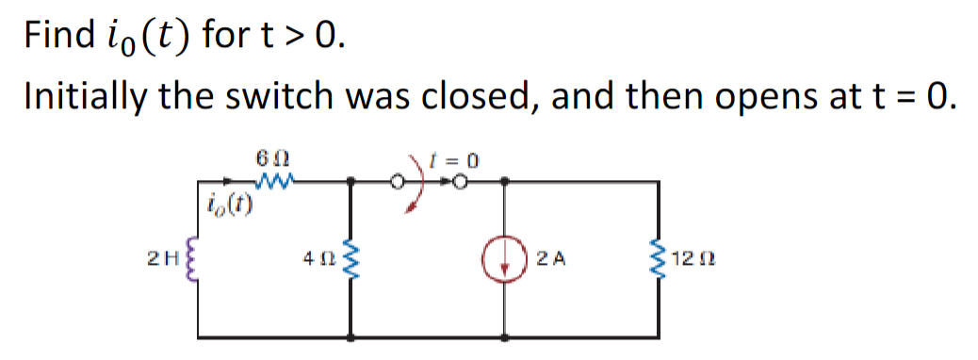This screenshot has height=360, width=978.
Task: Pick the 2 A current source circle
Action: pos(507,259)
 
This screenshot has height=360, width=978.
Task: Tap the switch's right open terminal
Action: pos(461,181)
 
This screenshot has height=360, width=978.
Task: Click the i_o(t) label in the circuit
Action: pos(226,203)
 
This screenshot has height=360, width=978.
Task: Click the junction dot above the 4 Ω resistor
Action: pos(351,181)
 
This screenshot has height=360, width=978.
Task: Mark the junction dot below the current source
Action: pos(507,336)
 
